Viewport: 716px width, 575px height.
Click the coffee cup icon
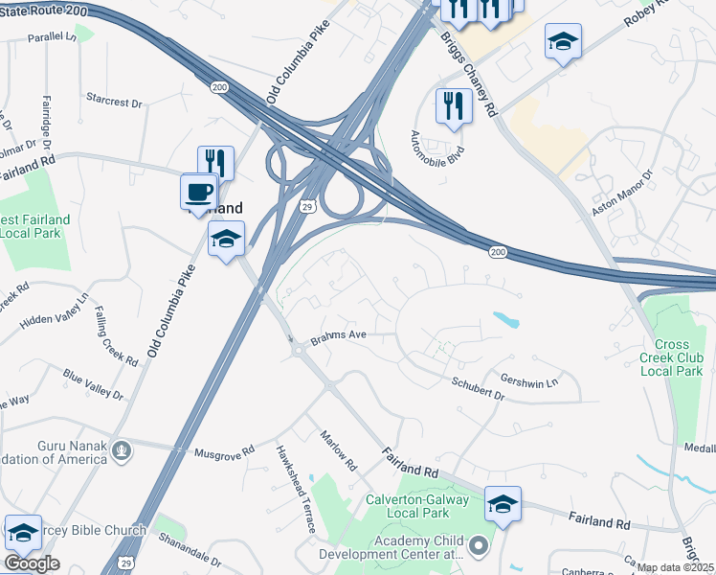pyautogui.click(x=198, y=191)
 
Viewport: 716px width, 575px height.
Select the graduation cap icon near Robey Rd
pyautogui.click(x=563, y=41)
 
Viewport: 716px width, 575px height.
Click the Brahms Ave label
pyautogui.click(x=339, y=335)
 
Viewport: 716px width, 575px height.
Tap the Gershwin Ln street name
pyautogui.click(x=528, y=381)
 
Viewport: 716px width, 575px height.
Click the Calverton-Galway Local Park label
pyautogui.click(x=417, y=507)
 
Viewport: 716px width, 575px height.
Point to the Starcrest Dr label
pyautogui.click(x=113, y=100)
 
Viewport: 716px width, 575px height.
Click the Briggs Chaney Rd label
pyautogui.click(x=469, y=72)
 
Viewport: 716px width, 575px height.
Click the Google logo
pyautogui.click(x=32, y=563)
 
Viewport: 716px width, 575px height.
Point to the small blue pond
pyautogui.click(x=506, y=319)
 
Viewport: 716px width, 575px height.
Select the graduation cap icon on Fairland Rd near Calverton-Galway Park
pyautogui.click(x=503, y=503)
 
